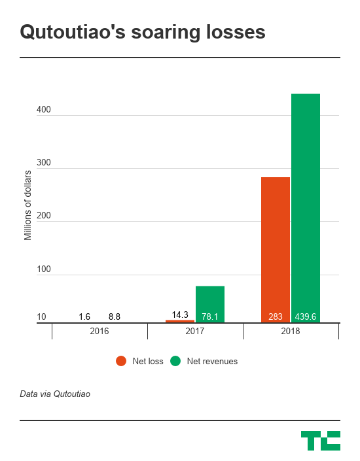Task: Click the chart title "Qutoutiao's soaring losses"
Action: (143, 33)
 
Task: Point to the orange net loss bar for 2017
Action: (180, 321)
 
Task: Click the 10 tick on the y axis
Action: (41, 317)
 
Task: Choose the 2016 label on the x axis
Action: (99, 332)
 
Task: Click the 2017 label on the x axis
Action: (195, 332)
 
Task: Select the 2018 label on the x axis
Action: (291, 332)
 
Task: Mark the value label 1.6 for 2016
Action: (84, 317)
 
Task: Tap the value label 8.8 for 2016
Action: (115, 317)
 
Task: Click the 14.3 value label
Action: (180, 314)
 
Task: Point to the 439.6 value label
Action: (306, 317)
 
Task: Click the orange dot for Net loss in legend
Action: (121, 361)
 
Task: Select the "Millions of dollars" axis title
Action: (27, 205)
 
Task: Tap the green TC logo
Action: (320, 440)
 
